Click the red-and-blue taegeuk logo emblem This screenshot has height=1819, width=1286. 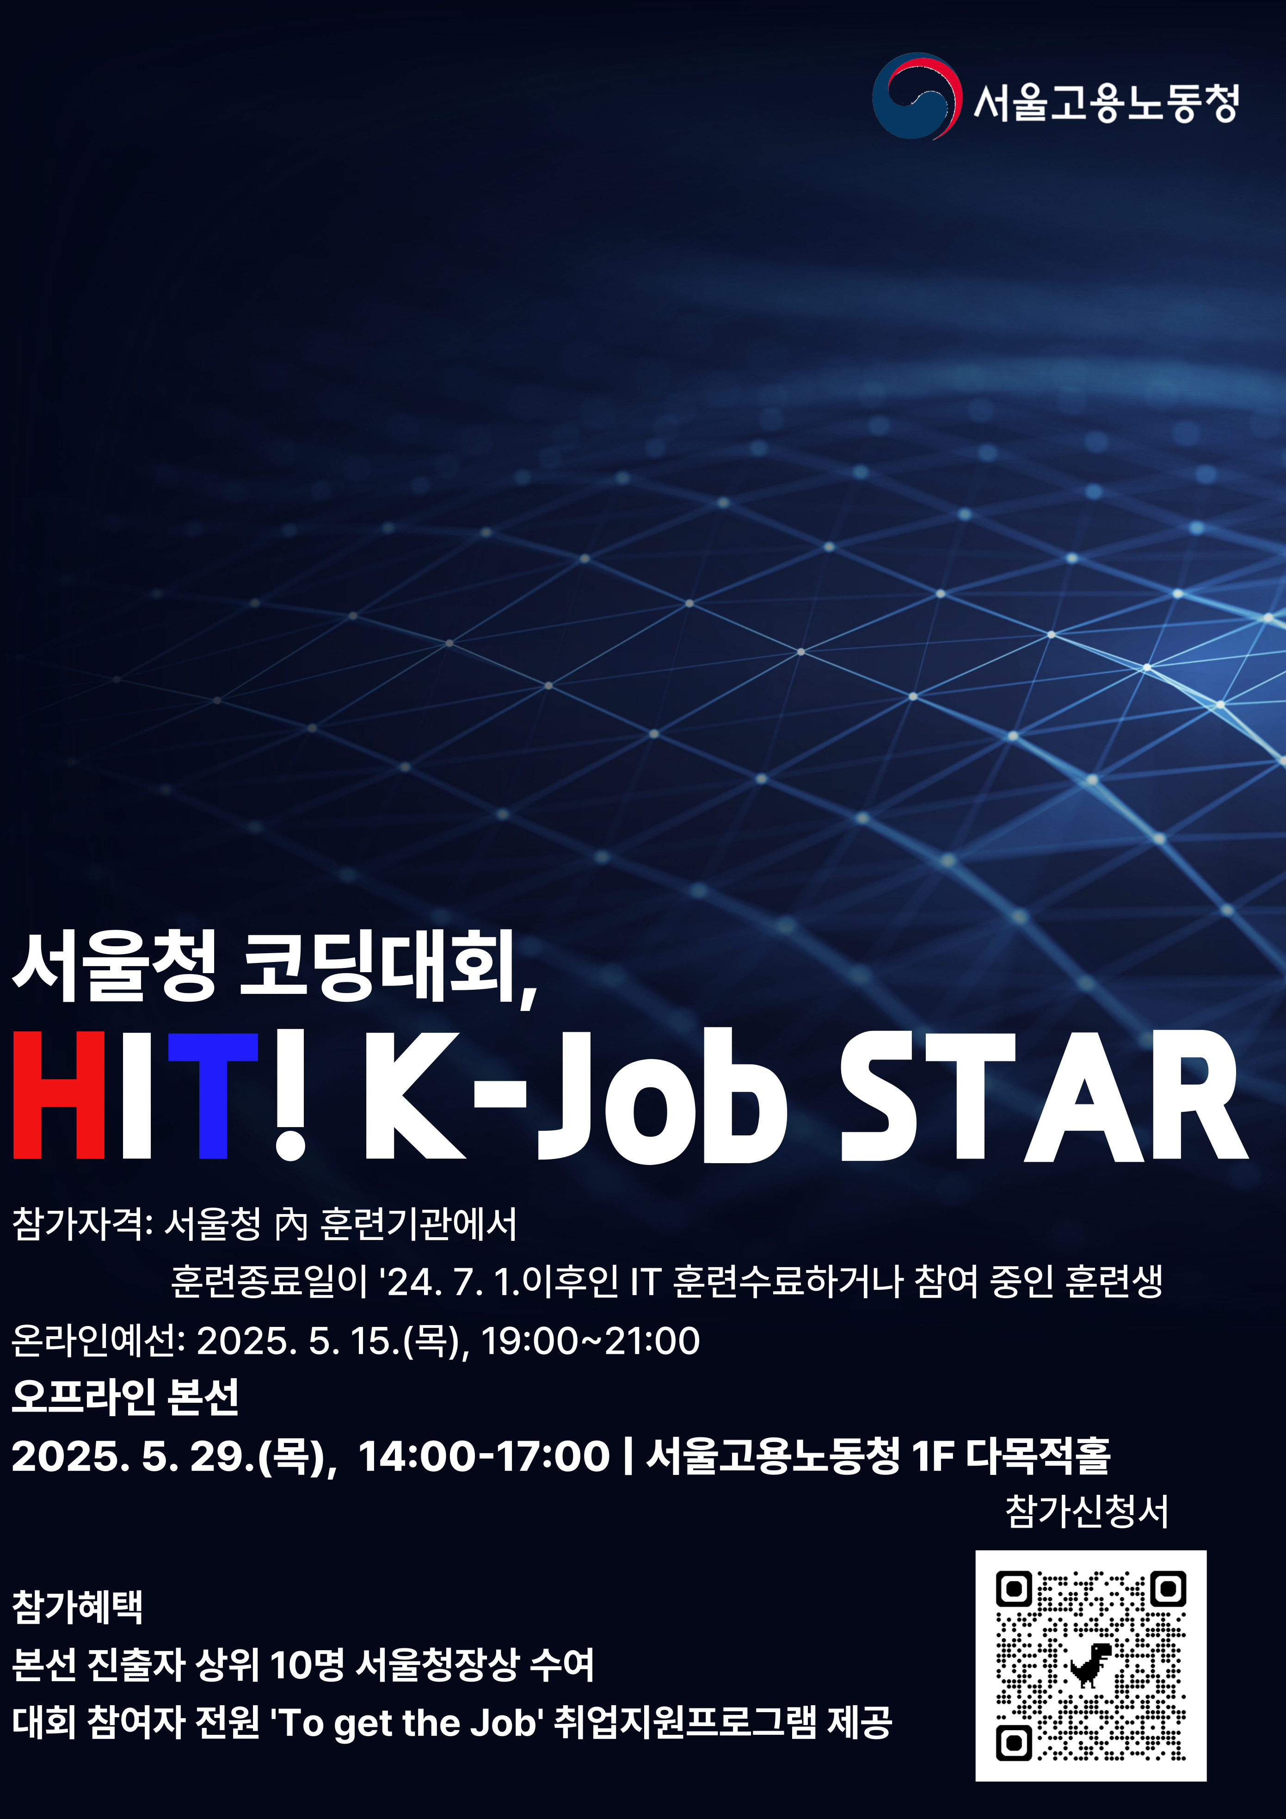pos(917,96)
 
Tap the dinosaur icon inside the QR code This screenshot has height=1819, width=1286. pos(1090,1665)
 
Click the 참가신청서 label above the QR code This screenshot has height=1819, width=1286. pos(1087,1511)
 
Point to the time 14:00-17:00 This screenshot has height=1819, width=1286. pos(484,1456)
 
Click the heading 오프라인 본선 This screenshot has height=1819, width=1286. pos(125,1397)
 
